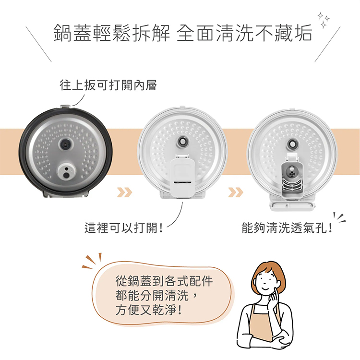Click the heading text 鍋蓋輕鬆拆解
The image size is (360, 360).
112,33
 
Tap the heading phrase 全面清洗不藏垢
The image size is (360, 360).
244,33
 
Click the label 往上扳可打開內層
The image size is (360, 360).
108,85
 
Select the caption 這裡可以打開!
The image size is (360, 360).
124,228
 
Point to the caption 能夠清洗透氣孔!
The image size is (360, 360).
287,228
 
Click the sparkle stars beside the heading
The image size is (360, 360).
324,20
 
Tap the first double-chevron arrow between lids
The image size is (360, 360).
124,192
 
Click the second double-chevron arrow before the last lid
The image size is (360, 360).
236,192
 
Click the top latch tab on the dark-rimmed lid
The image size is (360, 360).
65,107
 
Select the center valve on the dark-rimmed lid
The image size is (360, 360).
66,144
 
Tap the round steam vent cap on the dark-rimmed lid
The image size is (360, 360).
67,171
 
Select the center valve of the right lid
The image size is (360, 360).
292,144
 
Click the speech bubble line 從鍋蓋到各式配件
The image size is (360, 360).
164,281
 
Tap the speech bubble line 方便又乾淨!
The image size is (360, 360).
149,310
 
